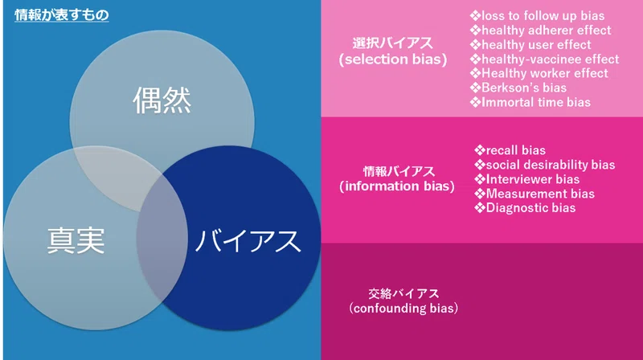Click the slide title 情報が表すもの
point(62,15)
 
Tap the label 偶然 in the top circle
point(162,100)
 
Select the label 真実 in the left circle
point(76,241)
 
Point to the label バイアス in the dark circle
point(248,241)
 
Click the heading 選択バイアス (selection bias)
point(393,51)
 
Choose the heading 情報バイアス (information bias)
point(397,178)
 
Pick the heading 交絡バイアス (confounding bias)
point(403,301)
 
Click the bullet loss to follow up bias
point(537,16)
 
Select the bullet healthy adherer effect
point(540,31)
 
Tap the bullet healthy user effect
point(530,45)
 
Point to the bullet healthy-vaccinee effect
point(545,59)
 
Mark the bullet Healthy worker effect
point(539,73)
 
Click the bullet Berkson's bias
point(518,88)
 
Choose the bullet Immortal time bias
point(530,102)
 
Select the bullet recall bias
point(510,150)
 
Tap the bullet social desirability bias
point(545,165)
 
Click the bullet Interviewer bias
point(527,179)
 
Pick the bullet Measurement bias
point(534,194)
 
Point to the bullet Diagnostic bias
point(526,208)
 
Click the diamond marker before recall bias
point(480,150)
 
